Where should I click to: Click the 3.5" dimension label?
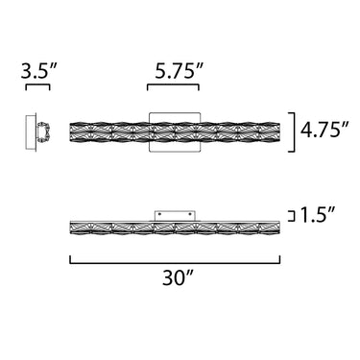pyautogui.click(x=38, y=71)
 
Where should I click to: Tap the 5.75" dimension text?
pyautogui.click(x=180, y=71)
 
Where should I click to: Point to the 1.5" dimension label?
pyautogui.click(x=318, y=215)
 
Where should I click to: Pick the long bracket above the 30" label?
pyautogui.click(x=175, y=263)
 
